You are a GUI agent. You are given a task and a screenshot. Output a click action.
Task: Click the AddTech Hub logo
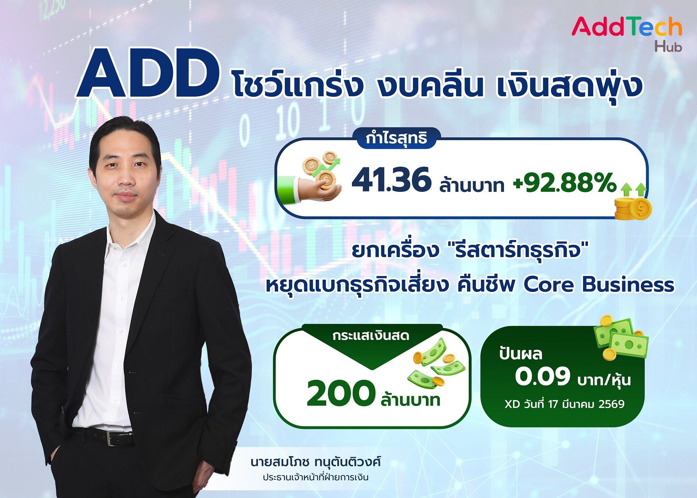[627, 33]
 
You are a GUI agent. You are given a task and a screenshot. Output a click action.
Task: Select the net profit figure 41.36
[391, 180]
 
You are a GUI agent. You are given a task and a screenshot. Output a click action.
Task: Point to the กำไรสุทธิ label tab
[397, 138]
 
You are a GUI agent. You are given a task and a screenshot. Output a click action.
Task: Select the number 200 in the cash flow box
[340, 394]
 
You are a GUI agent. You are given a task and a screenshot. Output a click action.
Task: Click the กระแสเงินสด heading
[371, 336]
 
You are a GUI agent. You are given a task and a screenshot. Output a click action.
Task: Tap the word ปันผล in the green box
[521, 354]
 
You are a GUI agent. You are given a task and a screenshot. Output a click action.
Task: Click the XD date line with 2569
[564, 404]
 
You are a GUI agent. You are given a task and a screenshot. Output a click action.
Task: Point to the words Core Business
[599, 285]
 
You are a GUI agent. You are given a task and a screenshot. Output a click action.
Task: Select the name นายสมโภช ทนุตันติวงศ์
[315, 462]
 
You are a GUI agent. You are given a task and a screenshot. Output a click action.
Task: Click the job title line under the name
[315, 477]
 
